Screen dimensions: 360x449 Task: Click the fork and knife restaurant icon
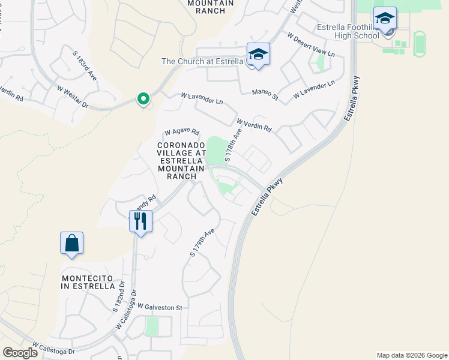pos(140,221)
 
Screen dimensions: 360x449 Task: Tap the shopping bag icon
pos(71,243)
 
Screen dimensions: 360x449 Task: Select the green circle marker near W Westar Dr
pos(143,98)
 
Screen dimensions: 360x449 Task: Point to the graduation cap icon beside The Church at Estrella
pos(258,55)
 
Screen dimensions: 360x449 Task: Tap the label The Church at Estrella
pos(203,61)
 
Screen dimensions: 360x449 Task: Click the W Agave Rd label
pos(181,133)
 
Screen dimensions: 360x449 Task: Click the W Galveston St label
pos(159,307)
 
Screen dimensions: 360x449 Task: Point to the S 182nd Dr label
pos(118,299)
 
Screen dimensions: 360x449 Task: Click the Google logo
pos(20,353)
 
